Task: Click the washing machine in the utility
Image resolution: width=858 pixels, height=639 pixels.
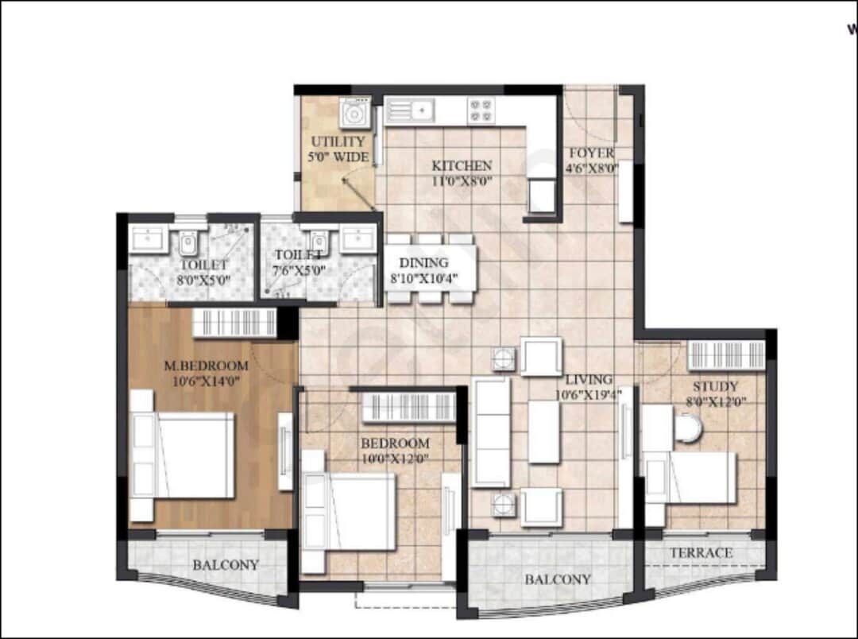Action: point(354,113)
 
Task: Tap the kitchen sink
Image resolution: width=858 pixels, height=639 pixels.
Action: point(411,109)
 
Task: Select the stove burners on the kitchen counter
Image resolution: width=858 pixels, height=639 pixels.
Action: point(481,110)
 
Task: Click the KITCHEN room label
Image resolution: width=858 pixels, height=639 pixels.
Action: point(462,166)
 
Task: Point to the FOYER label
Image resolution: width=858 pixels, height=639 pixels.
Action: point(591,153)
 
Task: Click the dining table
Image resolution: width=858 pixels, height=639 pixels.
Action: point(430,269)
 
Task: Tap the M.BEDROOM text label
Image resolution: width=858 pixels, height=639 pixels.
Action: point(206,366)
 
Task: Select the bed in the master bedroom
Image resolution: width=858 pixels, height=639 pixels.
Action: point(184,455)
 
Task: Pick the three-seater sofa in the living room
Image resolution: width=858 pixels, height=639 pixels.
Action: point(490,432)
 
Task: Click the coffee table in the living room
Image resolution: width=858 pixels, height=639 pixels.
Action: point(544,432)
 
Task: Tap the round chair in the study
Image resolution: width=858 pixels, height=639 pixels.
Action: point(687,430)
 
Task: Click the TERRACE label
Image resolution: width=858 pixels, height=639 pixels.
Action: point(700,552)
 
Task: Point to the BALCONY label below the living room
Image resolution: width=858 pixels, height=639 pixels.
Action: point(558,579)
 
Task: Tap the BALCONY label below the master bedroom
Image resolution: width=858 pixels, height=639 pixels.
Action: point(226,565)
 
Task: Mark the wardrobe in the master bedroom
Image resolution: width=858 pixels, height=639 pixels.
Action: point(235,323)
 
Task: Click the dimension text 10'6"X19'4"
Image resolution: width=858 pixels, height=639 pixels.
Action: point(589,394)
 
